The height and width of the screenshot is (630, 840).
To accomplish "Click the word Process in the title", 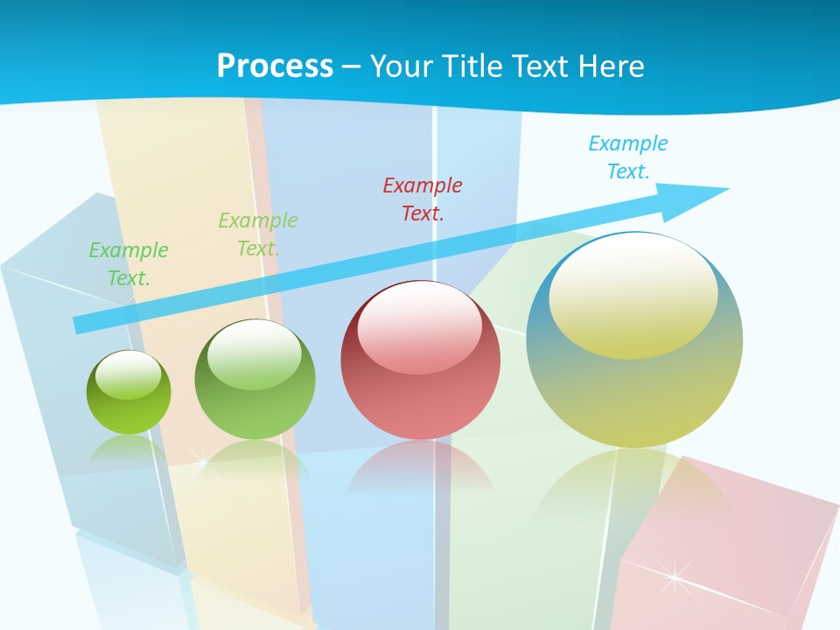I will [x=275, y=66].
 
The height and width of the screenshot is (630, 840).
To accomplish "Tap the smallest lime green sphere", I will [x=129, y=393].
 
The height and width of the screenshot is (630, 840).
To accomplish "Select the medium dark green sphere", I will [x=255, y=380].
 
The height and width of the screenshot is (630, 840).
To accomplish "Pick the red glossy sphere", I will [x=421, y=360].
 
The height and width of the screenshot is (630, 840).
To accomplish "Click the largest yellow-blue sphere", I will [x=634, y=339].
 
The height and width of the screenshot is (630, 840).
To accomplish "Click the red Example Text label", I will [x=423, y=199].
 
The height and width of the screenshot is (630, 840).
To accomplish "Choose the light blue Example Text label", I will [x=628, y=157].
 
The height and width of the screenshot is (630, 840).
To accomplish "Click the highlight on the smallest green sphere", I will [x=129, y=374].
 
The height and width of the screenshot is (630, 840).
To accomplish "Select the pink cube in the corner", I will [x=726, y=551].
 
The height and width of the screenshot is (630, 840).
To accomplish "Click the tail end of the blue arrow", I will [x=79, y=325].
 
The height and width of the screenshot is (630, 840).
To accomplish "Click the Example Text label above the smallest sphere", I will [x=129, y=263].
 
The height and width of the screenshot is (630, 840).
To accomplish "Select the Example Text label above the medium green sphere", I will [x=258, y=234].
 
